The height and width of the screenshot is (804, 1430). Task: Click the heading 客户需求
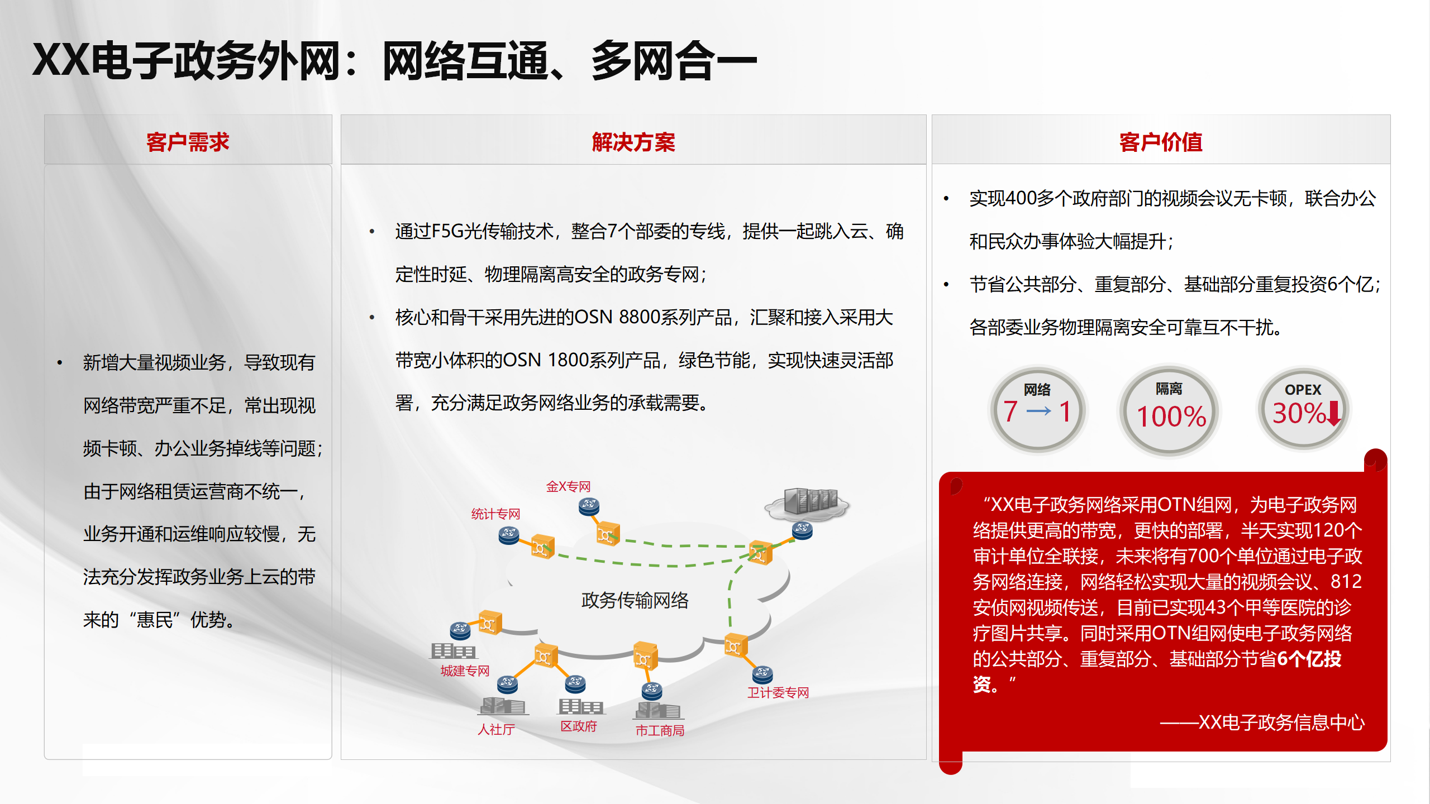click(x=188, y=142)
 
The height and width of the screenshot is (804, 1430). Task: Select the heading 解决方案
click(x=633, y=142)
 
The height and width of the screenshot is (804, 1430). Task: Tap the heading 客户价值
click(x=1161, y=142)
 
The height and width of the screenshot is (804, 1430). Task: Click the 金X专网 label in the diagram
click(x=568, y=486)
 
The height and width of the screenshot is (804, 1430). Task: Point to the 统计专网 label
click(x=495, y=514)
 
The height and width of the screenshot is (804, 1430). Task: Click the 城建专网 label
click(x=465, y=671)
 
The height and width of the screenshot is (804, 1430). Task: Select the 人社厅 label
click(x=496, y=729)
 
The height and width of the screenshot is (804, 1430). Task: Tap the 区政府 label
click(x=579, y=726)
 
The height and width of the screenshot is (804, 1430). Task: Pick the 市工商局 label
click(x=660, y=730)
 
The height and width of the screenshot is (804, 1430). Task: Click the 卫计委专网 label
click(x=778, y=692)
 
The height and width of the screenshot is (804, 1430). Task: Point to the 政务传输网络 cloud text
click(x=635, y=600)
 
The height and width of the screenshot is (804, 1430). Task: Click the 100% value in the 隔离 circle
click(x=1171, y=417)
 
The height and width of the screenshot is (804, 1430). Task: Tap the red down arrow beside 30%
click(x=1333, y=413)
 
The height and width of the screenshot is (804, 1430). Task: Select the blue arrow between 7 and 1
click(x=1038, y=411)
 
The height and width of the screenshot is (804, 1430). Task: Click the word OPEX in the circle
click(x=1303, y=390)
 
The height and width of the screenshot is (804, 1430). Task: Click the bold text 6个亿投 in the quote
click(x=1309, y=659)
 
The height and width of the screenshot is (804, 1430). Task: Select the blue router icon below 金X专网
click(x=589, y=506)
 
